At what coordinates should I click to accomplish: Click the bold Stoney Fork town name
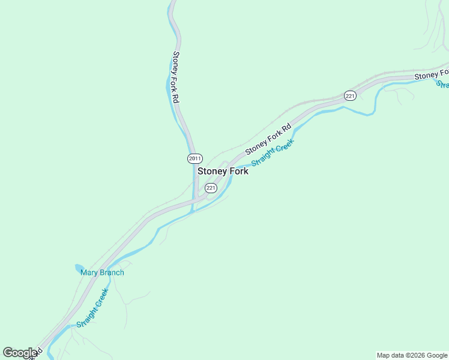[223, 171]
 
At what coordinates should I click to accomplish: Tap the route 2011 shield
[194, 158]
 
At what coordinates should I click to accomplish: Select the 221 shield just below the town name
[211, 188]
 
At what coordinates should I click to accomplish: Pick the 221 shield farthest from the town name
[351, 95]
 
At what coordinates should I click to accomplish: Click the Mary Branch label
[103, 272]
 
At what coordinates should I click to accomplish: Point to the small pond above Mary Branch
[79, 268]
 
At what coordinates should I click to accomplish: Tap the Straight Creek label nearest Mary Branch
[92, 308]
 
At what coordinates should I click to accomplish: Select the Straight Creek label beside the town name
[273, 153]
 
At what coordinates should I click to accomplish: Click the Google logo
[20, 353]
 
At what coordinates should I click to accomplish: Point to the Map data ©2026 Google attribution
[412, 355]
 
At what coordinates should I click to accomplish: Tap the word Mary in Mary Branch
[89, 272]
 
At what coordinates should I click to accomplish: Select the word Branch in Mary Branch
[111, 272]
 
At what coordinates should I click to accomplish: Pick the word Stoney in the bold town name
[212, 171]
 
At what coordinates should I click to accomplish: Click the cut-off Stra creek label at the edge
[443, 85]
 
